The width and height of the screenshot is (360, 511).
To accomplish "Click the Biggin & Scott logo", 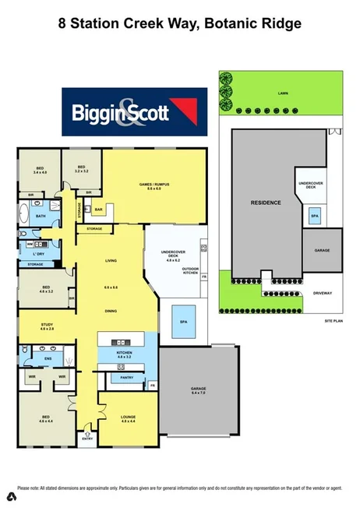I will (x=135, y=113).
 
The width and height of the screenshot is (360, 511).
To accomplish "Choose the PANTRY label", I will (x=127, y=378).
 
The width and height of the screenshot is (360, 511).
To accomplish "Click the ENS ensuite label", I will (x=48, y=358).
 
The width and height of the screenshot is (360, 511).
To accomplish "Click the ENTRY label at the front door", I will (x=86, y=439).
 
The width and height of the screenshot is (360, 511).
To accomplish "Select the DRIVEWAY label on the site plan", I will (x=322, y=293).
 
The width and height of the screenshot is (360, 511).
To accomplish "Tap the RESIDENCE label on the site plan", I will (x=265, y=203).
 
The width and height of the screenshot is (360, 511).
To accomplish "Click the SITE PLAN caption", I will (x=334, y=320).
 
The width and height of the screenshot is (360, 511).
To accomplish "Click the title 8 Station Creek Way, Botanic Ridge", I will (x=180, y=23).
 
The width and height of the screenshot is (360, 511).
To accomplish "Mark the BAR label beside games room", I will (x=99, y=210).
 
